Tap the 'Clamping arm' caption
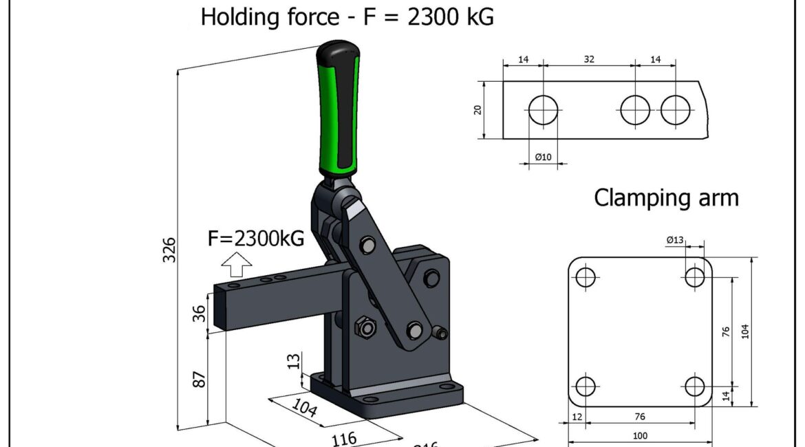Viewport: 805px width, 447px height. point(666,197)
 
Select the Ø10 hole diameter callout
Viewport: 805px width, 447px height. point(544,157)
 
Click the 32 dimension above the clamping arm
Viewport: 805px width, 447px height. point(589,60)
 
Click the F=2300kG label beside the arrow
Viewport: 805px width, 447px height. point(255,239)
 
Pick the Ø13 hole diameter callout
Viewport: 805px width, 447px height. point(675,240)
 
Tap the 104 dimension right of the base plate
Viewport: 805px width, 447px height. point(745,331)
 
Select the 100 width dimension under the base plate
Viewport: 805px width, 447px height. point(640,435)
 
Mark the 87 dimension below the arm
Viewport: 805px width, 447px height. point(199,378)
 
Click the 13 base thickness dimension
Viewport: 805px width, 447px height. point(294,360)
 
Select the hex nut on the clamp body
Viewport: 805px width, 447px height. point(366,327)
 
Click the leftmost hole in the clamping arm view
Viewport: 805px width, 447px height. point(544,110)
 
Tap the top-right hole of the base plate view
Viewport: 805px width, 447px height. point(695,277)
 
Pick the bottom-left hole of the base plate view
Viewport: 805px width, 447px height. point(586,386)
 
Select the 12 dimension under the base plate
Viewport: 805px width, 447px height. point(577,417)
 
